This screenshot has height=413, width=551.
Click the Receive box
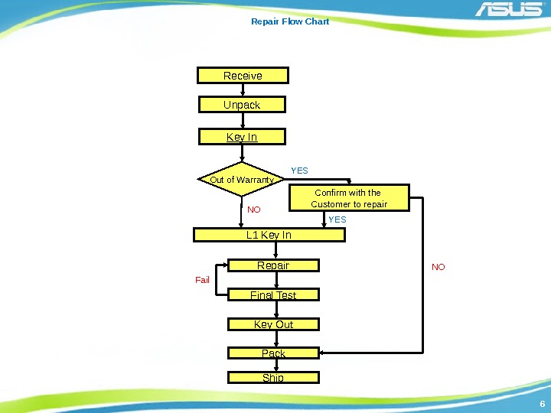click(243, 75)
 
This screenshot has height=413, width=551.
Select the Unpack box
click(242, 104)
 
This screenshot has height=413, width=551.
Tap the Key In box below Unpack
click(242, 137)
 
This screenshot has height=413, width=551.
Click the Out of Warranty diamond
click(242, 180)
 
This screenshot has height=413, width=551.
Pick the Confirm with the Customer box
click(349, 198)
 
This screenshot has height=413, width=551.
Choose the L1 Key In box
click(269, 235)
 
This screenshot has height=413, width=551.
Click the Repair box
click(273, 265)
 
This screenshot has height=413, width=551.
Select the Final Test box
click(273, 294)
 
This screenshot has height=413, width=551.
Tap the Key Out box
click(273, 324)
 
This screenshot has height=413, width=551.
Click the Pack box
click(273, 353)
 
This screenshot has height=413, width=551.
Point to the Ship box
click(273, 377)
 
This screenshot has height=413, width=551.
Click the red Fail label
click(202, 280)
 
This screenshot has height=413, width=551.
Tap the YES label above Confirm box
click(299, 171)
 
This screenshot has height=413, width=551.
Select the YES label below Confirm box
click(337, 220)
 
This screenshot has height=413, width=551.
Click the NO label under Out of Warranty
click(253, 209)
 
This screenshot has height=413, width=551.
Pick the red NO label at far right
click(438, 267)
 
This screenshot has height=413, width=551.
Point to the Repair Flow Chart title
click(290, 21)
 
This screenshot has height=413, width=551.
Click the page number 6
click(542, 405)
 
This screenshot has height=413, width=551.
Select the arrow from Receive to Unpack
click(243, 89)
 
